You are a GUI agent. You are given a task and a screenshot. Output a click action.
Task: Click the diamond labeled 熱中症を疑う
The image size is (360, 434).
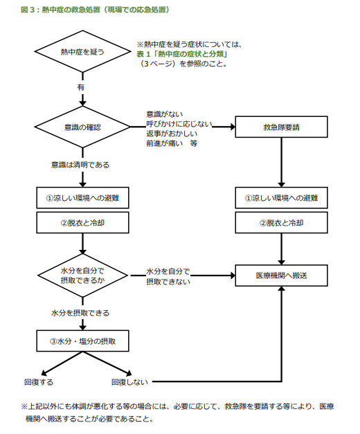coord(82,51)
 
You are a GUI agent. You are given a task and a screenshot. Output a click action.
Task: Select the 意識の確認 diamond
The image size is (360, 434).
coord(82,127)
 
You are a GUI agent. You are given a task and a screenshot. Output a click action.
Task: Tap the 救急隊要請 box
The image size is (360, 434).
coord(281,127)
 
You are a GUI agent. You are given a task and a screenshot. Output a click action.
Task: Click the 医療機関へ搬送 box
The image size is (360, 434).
coord(281,275)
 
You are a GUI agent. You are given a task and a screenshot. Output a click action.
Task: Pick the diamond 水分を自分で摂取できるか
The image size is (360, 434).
coord(82,275)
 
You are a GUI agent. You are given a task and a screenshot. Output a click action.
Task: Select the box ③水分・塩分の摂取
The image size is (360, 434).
coord(82,341)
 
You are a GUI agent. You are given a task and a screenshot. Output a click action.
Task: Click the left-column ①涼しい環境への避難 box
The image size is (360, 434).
coord(82,198)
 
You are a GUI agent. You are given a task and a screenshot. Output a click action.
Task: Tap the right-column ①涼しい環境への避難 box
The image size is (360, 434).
coord(281,198)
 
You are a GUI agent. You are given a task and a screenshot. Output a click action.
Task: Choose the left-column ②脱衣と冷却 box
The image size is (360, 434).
coord(82,223)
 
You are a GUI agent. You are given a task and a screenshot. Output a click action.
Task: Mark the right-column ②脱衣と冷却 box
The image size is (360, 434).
coord(281,223)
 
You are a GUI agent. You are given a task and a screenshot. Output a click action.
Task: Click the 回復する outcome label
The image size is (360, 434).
coord(39,382)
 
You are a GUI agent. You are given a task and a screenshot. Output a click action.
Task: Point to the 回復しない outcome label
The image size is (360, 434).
coord(129,382)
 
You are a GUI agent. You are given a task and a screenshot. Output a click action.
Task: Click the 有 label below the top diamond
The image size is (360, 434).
coord(80,87)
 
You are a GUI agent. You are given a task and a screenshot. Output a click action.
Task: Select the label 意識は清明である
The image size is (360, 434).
coord(80,165)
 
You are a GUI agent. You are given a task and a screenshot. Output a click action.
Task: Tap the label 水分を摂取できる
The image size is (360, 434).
coord(80,313)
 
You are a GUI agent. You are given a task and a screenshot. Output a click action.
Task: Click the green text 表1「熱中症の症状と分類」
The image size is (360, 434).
coord(181,54)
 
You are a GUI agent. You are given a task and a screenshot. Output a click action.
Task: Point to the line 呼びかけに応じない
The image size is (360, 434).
coord(179,124)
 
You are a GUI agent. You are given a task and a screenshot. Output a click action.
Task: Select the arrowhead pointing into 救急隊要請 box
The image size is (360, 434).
coord(232,127)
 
